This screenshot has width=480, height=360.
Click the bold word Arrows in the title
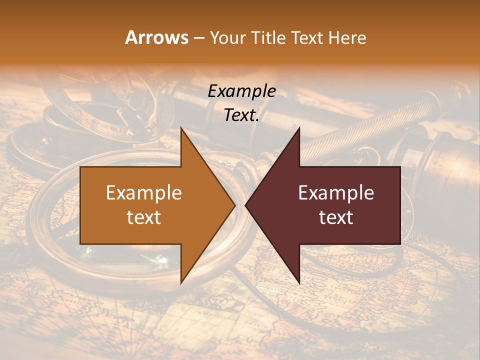click(156, 37)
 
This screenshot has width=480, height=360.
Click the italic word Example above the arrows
click(242, 91)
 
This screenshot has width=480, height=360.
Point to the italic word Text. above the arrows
click(242, 115)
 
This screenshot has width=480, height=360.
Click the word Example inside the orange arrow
click(144, 193)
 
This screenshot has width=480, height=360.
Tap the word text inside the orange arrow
click(144, 217)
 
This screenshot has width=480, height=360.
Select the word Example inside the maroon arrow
click(336, 193)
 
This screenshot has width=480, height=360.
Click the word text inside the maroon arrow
click(336, 217)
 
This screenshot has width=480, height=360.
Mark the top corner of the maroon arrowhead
click(299, 128)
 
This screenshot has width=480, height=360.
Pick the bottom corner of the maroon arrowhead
click(299, 283)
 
